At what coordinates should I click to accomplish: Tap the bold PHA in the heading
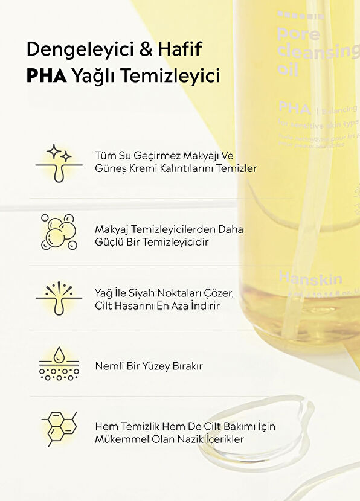click(47, 75)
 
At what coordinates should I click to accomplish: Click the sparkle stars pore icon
click(59, 162)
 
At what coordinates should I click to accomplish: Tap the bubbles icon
click(59, 231)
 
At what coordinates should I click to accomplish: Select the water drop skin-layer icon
click(59, 364)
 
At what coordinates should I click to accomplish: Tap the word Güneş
click(110, 168)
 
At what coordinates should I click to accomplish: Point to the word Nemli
click(109, 366)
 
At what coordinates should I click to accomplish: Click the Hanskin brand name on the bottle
click(310, 278)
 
